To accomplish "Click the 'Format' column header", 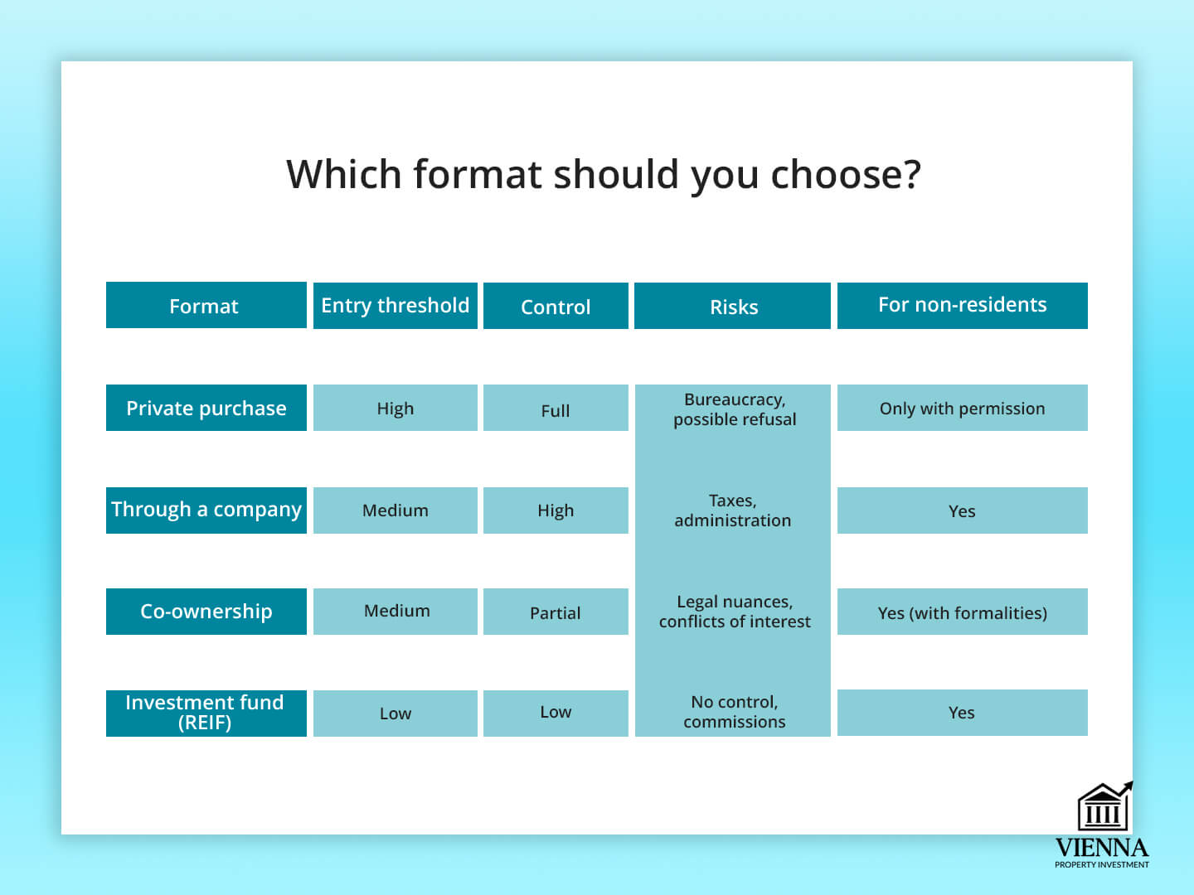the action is point(206,305).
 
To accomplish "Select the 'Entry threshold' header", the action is point(396,306).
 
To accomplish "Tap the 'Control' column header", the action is point(556,306).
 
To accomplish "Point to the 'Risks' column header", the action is point(733,306).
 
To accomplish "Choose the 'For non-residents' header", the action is point(963,306).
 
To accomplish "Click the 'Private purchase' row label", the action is point(206,408).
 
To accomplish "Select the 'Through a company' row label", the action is point(206,510).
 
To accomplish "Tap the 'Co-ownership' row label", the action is point(206,612).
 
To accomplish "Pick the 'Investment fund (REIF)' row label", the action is point(206,713).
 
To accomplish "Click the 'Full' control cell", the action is point(556,408).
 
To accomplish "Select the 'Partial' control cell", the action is point(556,612).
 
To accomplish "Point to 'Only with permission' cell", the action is point(963,408).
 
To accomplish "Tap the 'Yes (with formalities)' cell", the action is point(963,612).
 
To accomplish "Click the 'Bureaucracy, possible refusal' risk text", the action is point(735,409).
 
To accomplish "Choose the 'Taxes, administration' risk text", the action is point(733,510).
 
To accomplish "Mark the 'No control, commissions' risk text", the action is point(735,711).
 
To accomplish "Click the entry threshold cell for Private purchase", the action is point(396,408).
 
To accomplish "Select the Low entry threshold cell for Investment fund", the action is point(396,713).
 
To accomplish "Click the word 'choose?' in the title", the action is point(845,175).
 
